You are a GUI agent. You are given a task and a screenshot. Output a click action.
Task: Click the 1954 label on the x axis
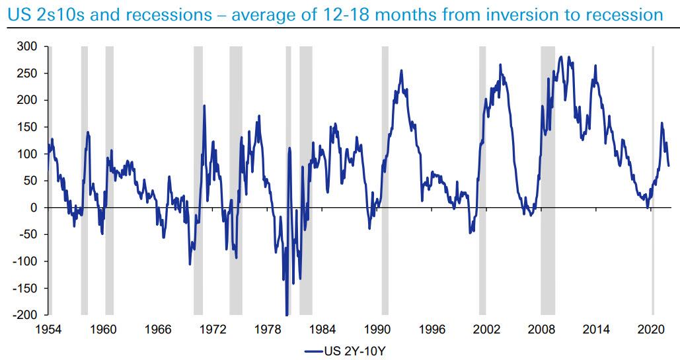(x=48, y=329)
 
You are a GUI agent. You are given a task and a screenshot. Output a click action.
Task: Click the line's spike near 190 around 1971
(x=204, y=106)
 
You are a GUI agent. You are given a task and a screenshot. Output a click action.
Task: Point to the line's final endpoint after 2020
(x=668, y=165)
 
